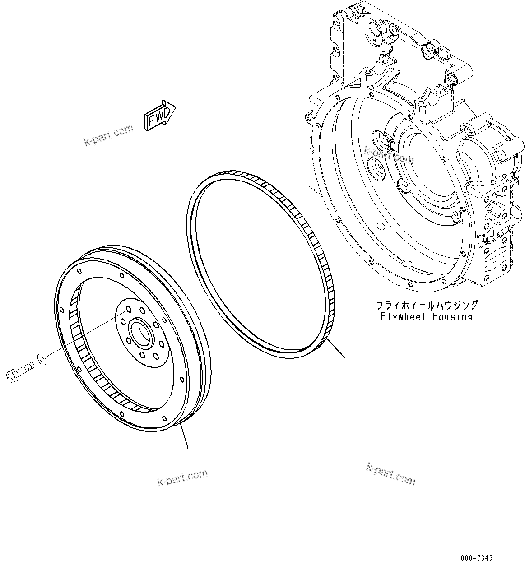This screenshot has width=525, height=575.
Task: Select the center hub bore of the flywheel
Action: (140, 332)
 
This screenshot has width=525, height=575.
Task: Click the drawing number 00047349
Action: (476, 558)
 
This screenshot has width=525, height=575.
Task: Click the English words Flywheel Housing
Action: (426, 316)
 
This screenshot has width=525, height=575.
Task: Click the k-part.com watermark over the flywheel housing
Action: (389, 155)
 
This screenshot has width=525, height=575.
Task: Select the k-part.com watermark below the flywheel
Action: (182, 477)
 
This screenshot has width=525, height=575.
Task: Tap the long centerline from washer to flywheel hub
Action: (86, 345)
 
